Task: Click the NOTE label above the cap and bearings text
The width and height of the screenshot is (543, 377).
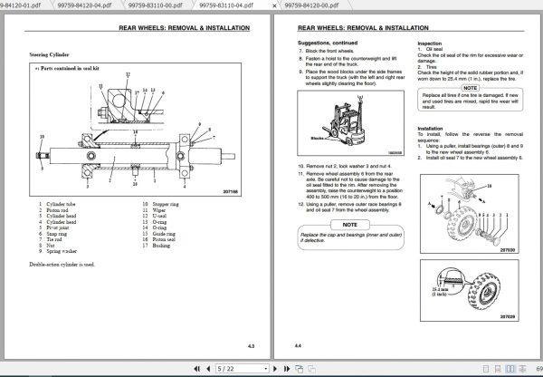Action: tap(350, 224)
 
